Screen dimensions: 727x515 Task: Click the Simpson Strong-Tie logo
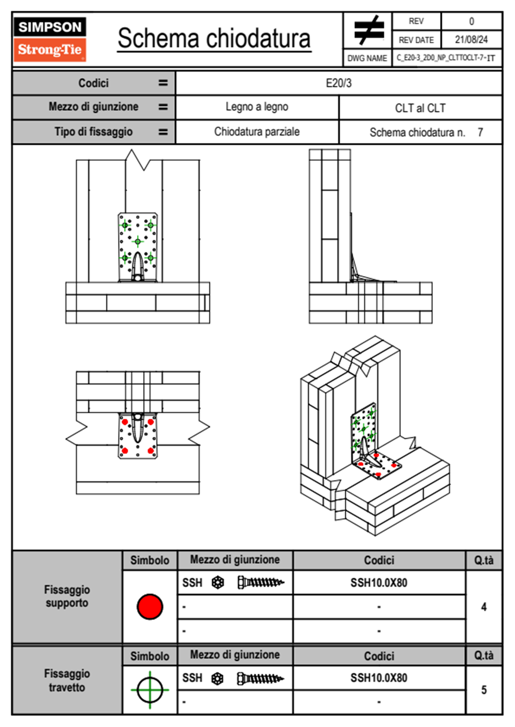[50, 39]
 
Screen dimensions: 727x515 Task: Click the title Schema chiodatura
[214, 38]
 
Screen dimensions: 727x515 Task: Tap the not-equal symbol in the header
[368, 30]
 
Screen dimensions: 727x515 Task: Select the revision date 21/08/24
[471, 40]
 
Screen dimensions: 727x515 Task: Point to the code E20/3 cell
[338, 83]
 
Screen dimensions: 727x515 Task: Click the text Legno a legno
[257, 107]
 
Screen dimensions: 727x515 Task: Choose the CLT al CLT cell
[420, 108]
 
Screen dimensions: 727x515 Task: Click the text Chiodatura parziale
[257, 132]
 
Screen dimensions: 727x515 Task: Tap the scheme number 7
[480, 132]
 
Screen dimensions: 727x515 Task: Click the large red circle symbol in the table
[150, 606]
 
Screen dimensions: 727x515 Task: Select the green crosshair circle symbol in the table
[150, 690]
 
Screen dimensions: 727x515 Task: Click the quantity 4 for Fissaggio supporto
[483, 607]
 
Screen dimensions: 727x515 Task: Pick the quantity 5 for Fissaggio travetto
[483, 690]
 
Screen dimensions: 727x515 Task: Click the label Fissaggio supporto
[67, 596]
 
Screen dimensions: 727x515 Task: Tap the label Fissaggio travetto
[67, 680]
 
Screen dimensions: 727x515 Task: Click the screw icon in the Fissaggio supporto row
[261, 583]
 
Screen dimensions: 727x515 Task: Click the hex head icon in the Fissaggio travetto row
[218, 679]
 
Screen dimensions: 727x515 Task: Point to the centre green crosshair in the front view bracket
[138, 241]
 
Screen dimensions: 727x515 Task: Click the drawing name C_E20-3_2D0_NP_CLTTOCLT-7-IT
[446, 58]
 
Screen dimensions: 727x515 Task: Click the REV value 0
[471, 21]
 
